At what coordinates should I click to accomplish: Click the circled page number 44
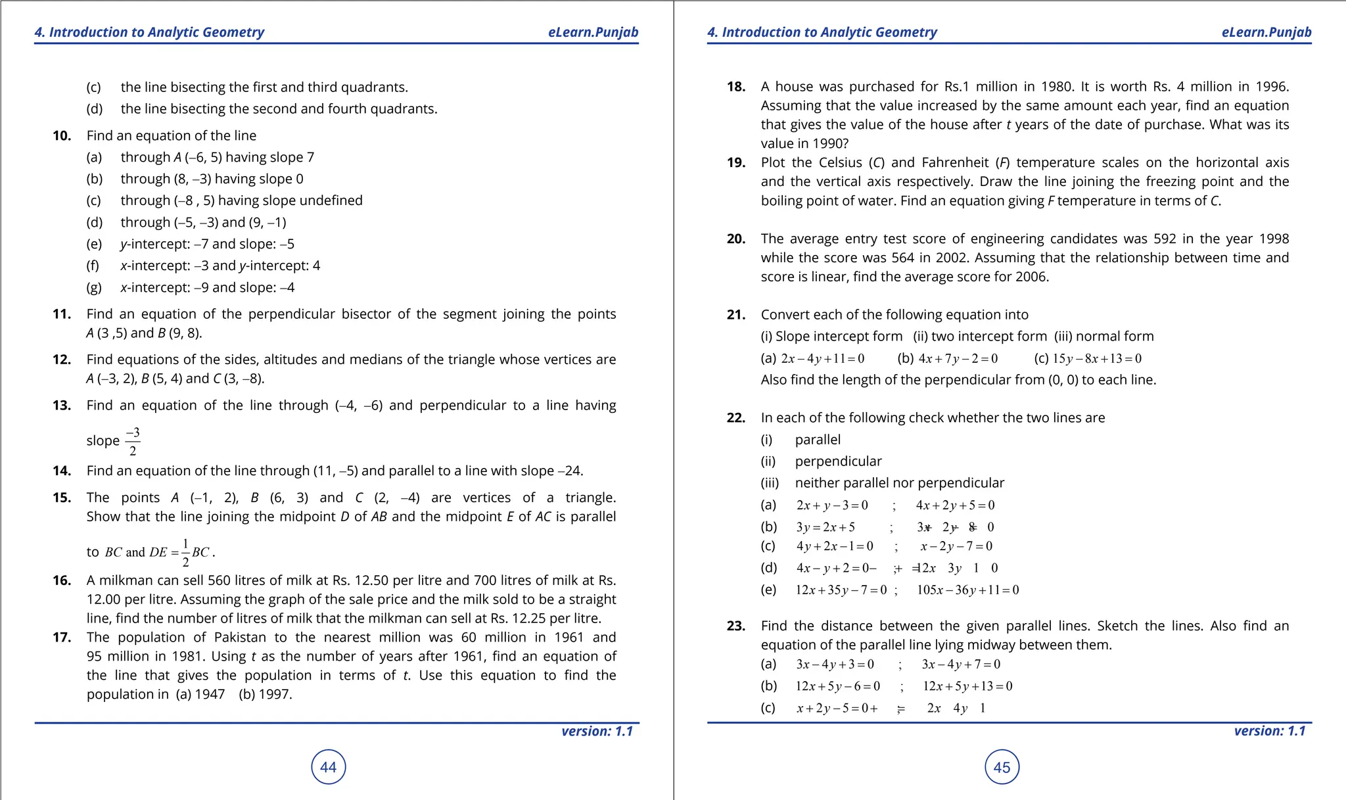coord(328,767)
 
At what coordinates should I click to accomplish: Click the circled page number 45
coord(1002,767)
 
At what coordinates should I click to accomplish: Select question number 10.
coord(62,136)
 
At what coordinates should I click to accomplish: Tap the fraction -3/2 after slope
coord(133,441)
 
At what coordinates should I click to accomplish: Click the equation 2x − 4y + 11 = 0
coord(822,359)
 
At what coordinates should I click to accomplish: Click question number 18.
coord(735,87)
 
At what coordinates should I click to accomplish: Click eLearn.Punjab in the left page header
coord(593,32)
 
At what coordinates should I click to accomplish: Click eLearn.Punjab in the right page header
coord(1266,32)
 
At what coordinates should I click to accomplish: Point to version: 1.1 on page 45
coord(1269,731)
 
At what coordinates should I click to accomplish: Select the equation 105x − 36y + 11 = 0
coord(967,590)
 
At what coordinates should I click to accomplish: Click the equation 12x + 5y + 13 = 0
coord(967,686)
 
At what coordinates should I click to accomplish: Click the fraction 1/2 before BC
coord(185,552)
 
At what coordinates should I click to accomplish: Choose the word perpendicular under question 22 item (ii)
coord(838,461)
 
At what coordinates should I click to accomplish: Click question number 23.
coord(735,626)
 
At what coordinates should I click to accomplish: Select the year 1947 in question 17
coord(210,694)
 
